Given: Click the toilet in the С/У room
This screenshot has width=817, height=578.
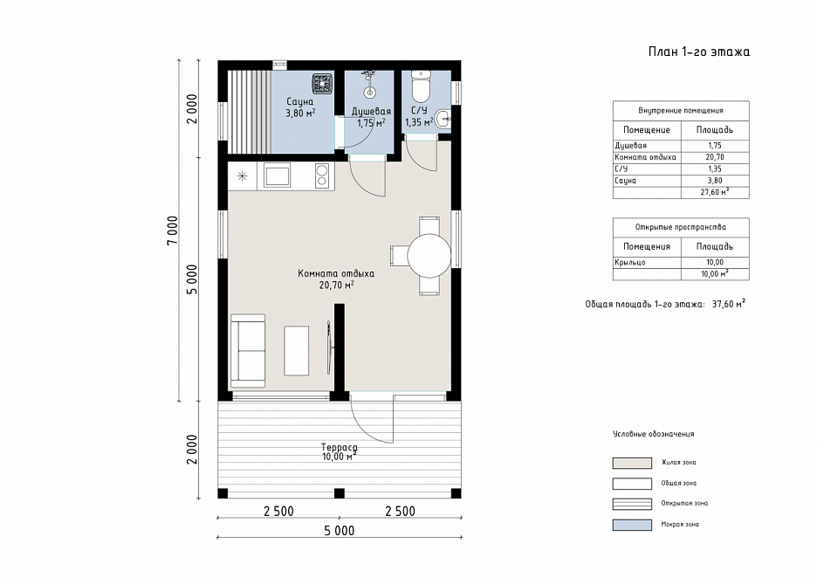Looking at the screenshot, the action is point(420,87).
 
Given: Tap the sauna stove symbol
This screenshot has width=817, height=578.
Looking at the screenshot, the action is point(323,83).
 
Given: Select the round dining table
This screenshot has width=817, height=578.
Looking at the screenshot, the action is point(429,256).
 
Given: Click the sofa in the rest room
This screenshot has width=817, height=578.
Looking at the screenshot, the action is point(248,351).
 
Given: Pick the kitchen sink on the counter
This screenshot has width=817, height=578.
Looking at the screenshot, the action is point(278,175).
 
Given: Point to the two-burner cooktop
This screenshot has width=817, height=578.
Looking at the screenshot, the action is point(322,175).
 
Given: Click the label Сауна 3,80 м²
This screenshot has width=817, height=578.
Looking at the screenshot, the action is point(299,107).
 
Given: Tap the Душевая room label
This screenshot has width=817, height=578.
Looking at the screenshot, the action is point(371,111).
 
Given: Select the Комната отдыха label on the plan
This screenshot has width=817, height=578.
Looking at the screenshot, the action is point(336,273).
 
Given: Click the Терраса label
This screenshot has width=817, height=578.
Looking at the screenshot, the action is point(340,447).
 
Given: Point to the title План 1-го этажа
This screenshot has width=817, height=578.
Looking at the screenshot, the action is point(698,52).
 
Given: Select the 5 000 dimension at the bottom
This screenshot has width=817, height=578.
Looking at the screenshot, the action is point(340,531).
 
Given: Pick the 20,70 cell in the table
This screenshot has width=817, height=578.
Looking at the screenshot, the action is point(715,157).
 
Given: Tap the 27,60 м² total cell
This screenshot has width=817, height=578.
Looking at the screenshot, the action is point(715,192).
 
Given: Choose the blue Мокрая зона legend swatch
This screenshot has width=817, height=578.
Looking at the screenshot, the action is point(632,525).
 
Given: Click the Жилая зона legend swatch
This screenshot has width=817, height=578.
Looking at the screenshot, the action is point(632,463).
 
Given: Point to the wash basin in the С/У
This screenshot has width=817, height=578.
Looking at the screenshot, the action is point(443,120).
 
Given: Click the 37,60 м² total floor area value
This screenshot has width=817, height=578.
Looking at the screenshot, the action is point(729,304).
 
